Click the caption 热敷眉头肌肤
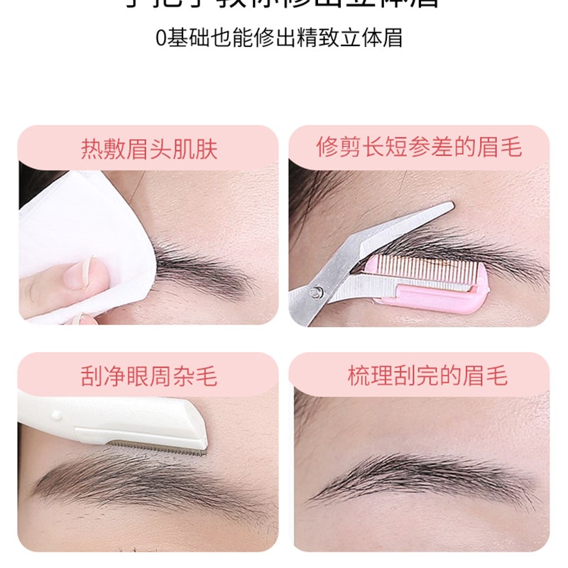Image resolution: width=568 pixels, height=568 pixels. pyautogui.click(x=148, y=150)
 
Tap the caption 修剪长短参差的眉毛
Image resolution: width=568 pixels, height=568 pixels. pyautogui.click(x=419, y=147)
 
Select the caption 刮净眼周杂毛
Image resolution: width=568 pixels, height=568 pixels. pyautogui.click(x=148, y=375)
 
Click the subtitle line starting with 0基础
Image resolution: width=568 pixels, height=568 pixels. pyautogui.click(x=279, y=37)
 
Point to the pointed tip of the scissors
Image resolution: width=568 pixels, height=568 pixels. pyautogui.click(x=450, y=206)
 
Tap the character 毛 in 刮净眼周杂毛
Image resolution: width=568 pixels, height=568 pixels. pyautogui.click(x=206, y=375)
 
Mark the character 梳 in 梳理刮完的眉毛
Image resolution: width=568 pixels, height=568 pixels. pyautogui.click(x=359, y=375)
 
